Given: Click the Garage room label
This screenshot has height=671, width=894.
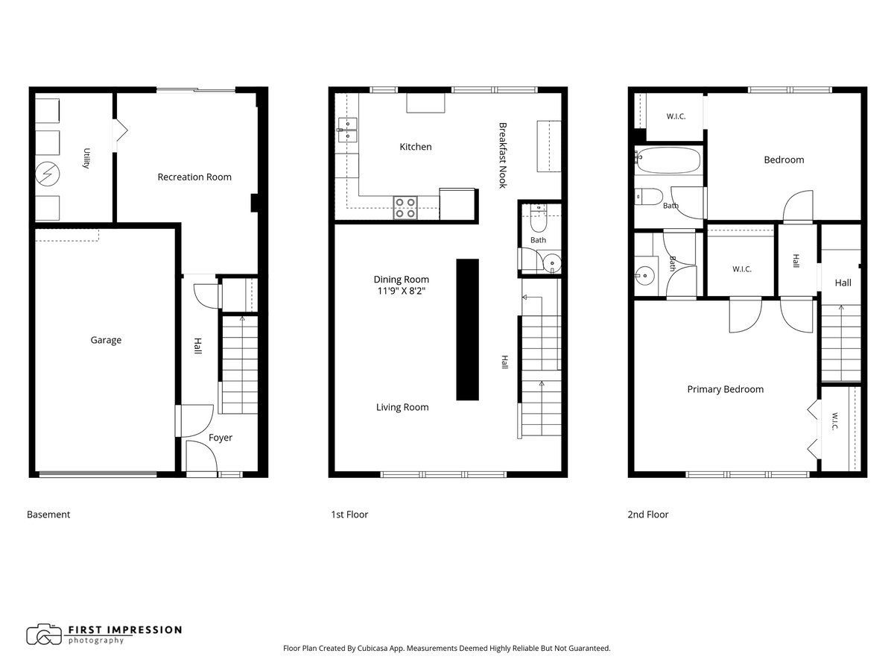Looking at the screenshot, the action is coord(106,340).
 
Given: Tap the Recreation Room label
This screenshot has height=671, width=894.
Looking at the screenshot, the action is coord(194,177).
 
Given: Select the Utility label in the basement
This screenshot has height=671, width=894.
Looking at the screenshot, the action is coord(86,158).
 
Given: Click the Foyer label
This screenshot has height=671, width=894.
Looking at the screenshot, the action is coord(221,438).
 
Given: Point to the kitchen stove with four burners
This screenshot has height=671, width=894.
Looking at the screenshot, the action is coord(405,208).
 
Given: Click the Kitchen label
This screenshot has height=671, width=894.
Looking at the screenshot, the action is coord(416,147).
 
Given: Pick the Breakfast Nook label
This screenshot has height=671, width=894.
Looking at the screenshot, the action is coord(503,155).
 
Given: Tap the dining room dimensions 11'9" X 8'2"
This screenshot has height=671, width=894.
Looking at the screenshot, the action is coord(401,291).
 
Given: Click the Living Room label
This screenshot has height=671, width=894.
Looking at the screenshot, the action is coord(402,407).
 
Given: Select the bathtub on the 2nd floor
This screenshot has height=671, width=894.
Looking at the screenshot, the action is coord(668,160).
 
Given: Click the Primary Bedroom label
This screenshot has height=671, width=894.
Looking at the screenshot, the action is coord(725,389).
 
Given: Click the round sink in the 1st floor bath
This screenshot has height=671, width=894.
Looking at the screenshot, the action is coord(552,263).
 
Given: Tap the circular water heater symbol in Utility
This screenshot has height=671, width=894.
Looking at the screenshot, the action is coord(47,174).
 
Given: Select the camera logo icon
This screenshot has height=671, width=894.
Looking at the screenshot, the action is coord(44,634).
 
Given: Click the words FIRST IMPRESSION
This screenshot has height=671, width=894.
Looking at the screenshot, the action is coord(125,630).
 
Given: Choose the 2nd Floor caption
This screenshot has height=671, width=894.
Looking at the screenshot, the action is coord(647,514).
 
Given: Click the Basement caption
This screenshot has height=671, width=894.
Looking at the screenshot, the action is coord(48,514).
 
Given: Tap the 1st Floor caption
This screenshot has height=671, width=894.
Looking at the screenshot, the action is coord(349,514).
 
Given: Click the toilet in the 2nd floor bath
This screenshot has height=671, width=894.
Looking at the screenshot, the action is coord(649,196).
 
